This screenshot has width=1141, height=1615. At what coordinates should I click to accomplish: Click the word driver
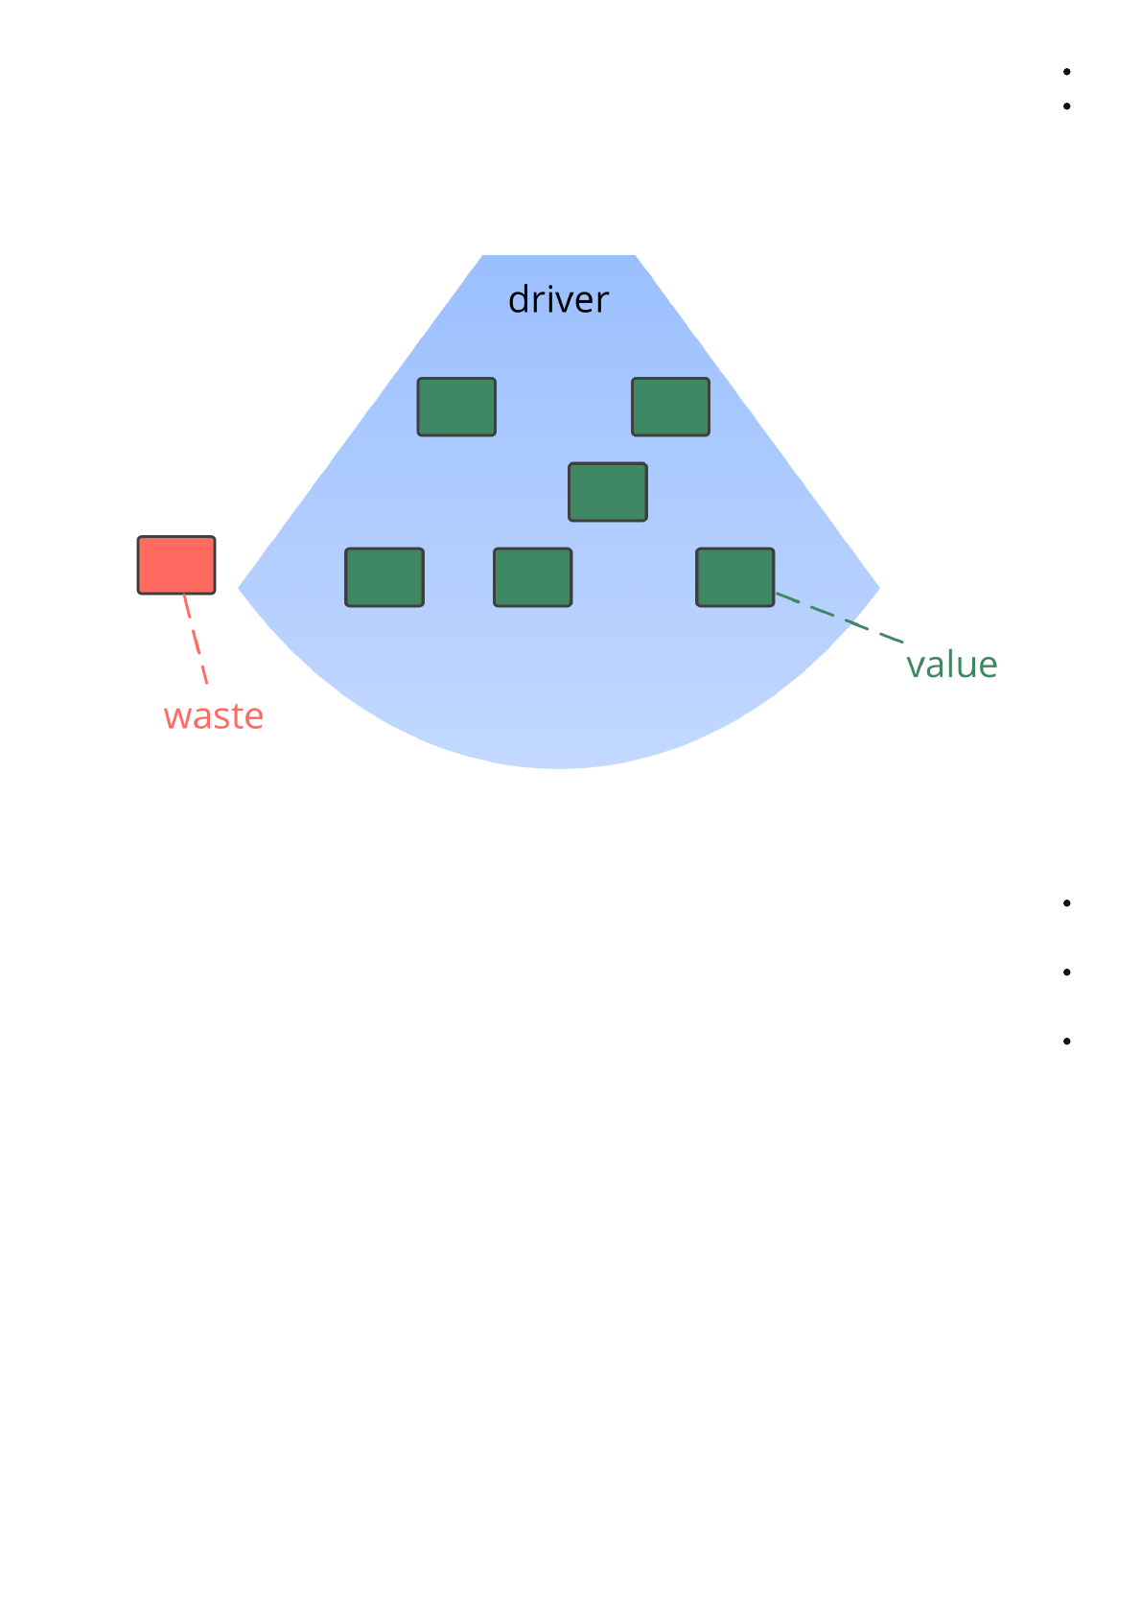click(x=558, y=300)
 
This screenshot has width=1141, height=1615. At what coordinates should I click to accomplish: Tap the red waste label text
click(x=213, y=716)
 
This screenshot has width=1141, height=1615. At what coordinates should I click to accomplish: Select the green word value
click(x=951, y=665)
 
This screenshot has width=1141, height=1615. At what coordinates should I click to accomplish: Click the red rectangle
click(x=176, y=565)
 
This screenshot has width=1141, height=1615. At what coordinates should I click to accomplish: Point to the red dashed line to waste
click(x=196, y=639)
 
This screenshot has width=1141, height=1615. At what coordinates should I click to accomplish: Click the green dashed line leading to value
click(x=839, y=618)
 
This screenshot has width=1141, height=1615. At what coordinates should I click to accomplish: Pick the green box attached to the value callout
click(x=734, y=577)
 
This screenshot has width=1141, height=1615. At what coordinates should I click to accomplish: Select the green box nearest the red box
click(x=384, y=577)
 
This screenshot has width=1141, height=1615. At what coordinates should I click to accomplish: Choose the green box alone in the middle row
click(x=608, y=492)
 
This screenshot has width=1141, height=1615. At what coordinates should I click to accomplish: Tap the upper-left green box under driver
click(x=456, y=407)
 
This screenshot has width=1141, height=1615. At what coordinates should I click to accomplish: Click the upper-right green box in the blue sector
click(x=670, y=407)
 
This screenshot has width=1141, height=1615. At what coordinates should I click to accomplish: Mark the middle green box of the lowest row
click(x=533, y=577)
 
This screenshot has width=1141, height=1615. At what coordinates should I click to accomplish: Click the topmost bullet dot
click(x=1066, y=72)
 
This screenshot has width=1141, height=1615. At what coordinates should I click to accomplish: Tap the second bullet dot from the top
click(x=1066, y=106)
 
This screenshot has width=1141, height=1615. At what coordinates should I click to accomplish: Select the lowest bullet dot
click(x=1066, y=1042)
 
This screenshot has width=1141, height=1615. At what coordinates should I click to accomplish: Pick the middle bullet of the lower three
click(x=1066, y=972)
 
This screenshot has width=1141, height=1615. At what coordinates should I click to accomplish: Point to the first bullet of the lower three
click(x=1066, y=903)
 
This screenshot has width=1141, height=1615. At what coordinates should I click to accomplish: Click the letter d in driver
click(x=519, y=300)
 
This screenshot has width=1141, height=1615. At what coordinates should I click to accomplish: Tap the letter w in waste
click(x=175, y=717)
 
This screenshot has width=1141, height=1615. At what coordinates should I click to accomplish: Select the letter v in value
click(x=916, y=666)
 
